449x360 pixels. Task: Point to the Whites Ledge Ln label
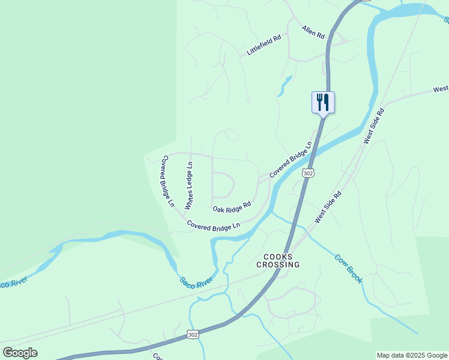pos(188,185)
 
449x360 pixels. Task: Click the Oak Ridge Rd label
pos(231,208)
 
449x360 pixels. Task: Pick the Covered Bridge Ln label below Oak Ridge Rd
pos(213,225)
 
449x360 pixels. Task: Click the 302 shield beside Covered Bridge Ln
pos(308,173)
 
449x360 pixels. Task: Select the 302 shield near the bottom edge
pos(192,334)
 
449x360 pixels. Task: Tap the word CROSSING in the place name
pos(278,264)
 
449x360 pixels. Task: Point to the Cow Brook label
pos(349,269)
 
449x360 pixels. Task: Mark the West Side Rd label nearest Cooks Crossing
pos(328,207)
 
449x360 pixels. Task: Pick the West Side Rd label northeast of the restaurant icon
pos(373,127)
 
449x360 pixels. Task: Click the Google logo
pos(20,353)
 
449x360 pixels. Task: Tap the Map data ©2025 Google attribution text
pos(412,355)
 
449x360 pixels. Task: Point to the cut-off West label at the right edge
pos(441,89)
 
